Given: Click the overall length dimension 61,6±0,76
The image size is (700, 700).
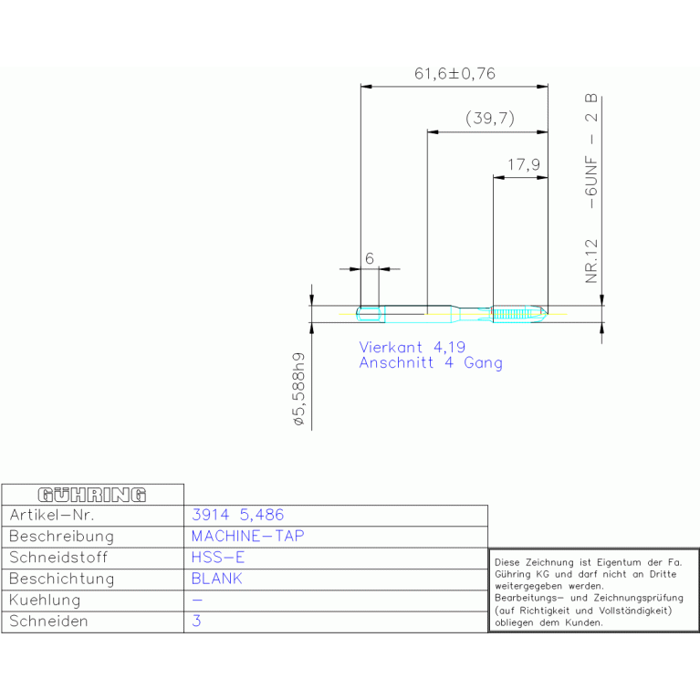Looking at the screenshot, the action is [454, 73].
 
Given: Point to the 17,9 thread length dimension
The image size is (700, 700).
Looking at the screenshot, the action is [524, 164].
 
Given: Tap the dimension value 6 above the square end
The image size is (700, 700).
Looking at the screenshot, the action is [370, 258].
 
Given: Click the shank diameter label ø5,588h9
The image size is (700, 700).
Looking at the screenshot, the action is [298, 389].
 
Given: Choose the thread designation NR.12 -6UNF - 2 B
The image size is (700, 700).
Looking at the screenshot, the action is [591, 188].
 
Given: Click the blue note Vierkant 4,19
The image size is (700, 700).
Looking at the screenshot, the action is [412, 347].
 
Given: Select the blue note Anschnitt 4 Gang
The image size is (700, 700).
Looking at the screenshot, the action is [431, 362].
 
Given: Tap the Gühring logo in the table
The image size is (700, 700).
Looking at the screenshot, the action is [92, 495].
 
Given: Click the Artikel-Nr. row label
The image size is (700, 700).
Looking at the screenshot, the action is [52, 515].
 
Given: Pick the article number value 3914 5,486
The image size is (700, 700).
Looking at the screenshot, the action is [237, 515].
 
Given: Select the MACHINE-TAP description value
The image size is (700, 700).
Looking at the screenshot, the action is [247, 536].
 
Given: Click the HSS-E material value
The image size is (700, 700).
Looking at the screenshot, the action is [218, 557].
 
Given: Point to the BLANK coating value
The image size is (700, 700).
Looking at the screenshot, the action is [216, 579].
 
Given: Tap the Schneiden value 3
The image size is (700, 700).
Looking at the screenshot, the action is [196, 621].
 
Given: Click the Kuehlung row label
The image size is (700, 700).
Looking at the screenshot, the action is [45, 600].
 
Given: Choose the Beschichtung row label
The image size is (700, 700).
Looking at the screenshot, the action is [62, 579].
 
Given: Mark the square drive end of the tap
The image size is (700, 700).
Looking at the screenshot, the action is [371, 314].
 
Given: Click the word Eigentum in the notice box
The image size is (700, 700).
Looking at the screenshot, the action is [618, 562].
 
